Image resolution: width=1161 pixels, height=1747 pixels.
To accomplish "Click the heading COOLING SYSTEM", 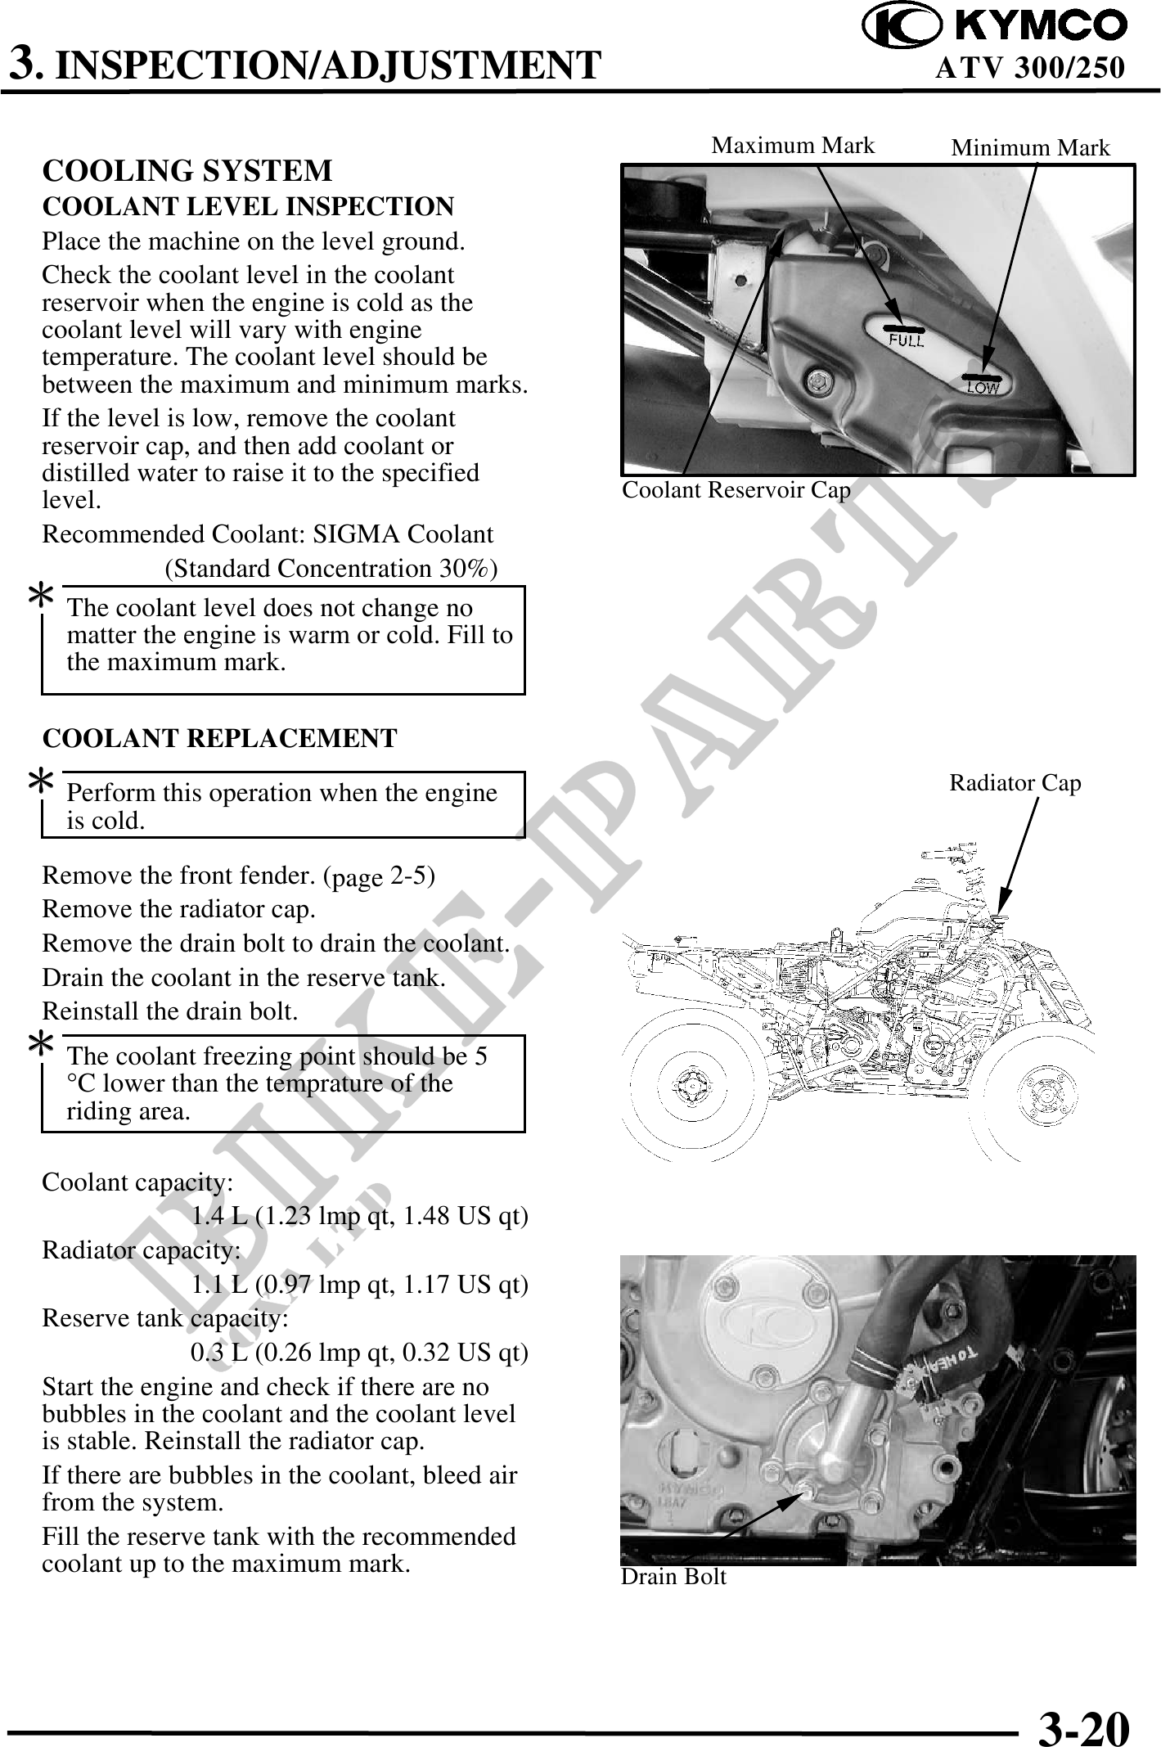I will (x=187, y=171).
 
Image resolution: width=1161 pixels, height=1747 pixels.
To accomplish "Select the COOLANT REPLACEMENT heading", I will (x=219, y=738).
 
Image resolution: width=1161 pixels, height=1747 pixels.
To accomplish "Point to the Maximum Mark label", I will (x=793, y=146).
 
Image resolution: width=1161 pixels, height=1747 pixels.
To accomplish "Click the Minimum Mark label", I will (x=1030, y=148).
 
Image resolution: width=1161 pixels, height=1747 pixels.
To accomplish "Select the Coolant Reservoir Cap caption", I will (x=736, y=490).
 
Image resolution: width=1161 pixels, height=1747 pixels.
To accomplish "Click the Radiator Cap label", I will (x=1015, y=783).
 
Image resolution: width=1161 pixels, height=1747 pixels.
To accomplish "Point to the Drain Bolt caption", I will (x=673, y=1576).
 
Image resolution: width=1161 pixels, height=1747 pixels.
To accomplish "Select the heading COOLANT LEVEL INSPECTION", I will (x=248, y=207).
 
